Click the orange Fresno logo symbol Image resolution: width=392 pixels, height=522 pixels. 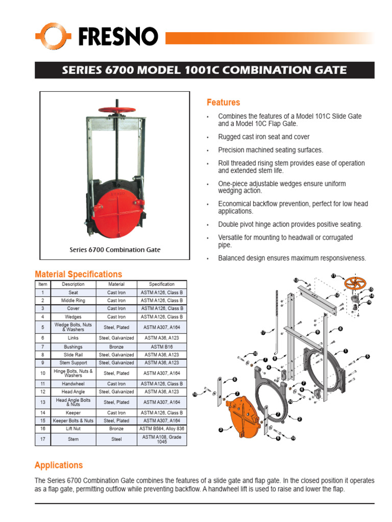[x=53, y=36]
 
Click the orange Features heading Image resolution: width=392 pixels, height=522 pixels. [x=223, y=102]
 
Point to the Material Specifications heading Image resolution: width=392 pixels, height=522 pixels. [x=78, y=274]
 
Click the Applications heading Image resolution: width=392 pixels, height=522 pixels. [x=58, y=465]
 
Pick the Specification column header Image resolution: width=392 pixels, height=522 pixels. [x=161, y=284]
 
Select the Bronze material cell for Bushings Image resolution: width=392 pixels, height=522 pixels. [x=116, y=346]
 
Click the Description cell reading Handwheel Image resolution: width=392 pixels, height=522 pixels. [x=73, y=383]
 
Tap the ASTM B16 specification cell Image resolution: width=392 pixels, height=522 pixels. [x=161, y=346]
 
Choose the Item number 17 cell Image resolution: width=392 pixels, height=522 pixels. [x=42, y=438]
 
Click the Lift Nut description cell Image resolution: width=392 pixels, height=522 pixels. [x=73, y=429]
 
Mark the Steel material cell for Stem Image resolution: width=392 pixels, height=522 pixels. [x=116, y=438]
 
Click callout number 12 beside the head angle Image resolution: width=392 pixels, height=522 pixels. [x=337, y=295]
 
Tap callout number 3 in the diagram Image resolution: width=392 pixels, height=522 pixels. [x=220, y=430]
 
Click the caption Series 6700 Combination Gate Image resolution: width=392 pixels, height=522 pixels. [x=115, y=250]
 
